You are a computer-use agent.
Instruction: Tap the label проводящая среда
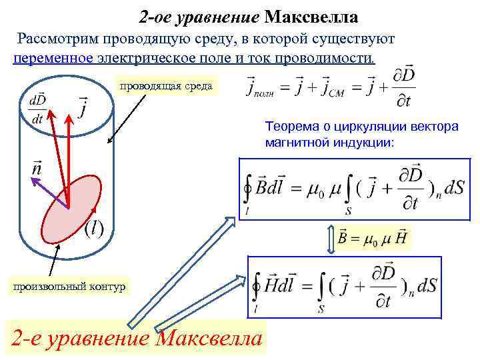[165, 85]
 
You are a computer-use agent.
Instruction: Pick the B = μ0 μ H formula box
[374, 237]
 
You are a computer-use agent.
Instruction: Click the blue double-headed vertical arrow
[331, 238]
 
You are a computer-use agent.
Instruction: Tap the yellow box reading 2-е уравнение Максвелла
[137, 338]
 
